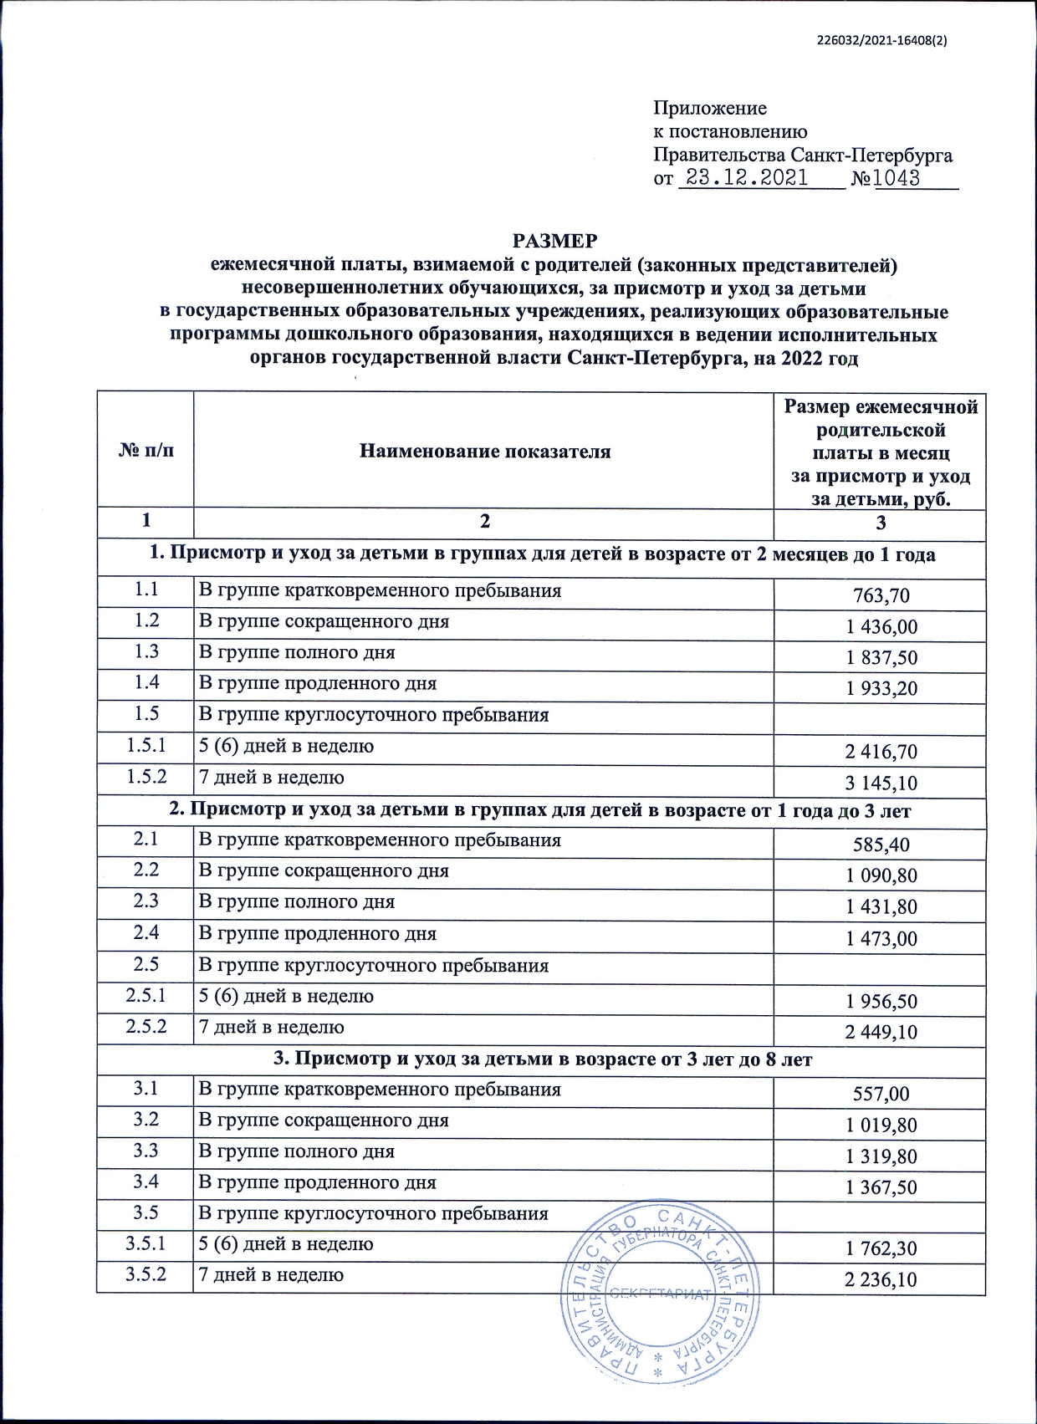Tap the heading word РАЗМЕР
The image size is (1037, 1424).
click(554, 241)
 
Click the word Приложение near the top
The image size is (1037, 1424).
click(709, 108)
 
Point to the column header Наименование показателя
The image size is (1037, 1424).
click(484, 452)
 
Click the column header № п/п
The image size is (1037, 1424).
click(146, 451)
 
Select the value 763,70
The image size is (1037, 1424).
click(881, 595)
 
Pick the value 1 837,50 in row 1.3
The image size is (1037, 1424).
click(881, 657)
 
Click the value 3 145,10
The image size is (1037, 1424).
click(881, 783)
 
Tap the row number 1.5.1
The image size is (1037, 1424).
click(146, 745)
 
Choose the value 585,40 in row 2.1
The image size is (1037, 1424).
click(881, 845)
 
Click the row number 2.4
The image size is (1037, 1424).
click(146, 932)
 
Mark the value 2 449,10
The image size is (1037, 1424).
click(881, 1032)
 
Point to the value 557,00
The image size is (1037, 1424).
click(881, 1094)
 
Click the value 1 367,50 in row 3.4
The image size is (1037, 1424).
click(881, 1187)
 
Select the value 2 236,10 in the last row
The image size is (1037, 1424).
click(881, 1280)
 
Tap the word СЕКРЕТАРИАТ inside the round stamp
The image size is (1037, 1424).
click(659, 1294)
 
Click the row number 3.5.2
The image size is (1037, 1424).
click(146, 1275)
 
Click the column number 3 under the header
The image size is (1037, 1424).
click(880, 523)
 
